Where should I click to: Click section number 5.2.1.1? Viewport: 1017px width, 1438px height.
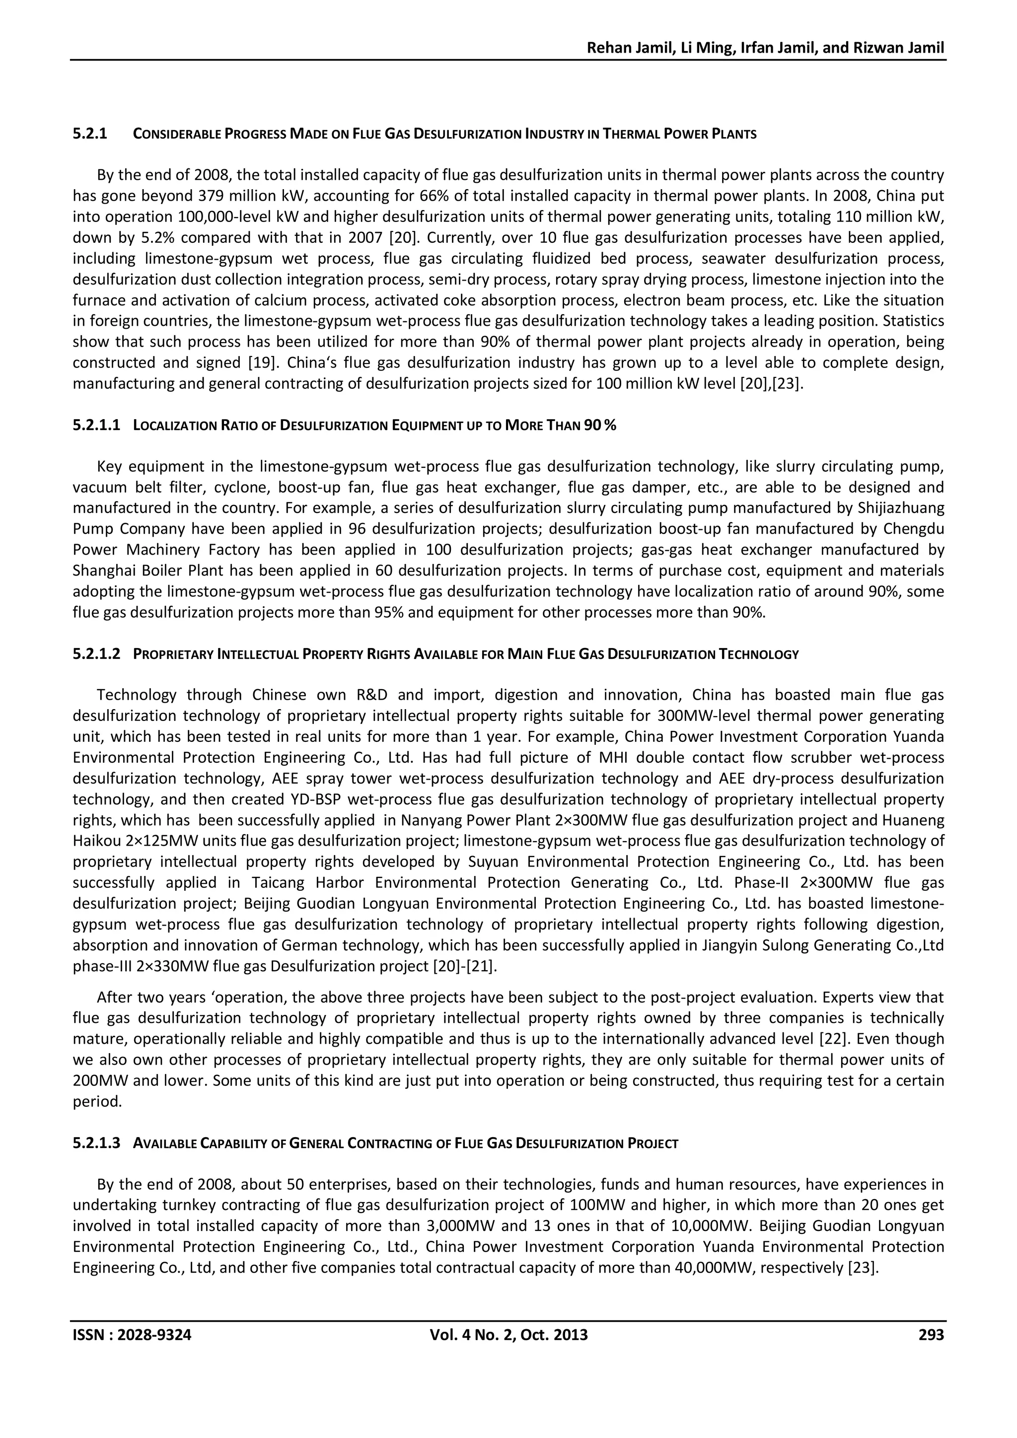[x=96, y=425]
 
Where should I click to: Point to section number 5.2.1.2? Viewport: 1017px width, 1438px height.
[x=96, y=654]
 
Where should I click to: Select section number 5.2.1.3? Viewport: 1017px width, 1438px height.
[x=96, y=1143]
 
